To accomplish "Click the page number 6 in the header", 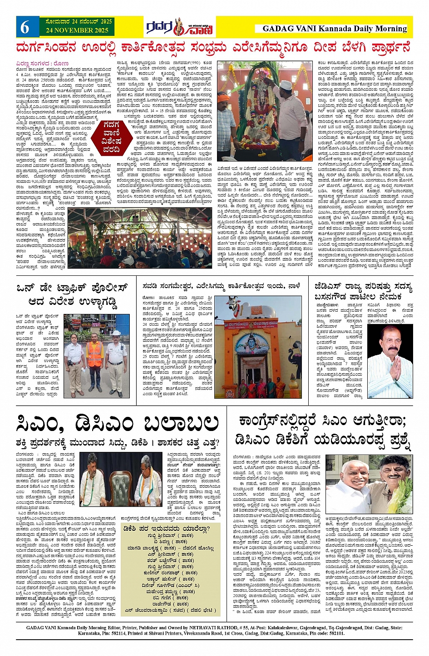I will point(25,28).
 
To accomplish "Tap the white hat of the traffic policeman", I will point(116,333).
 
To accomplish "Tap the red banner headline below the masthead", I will point(213,48).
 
